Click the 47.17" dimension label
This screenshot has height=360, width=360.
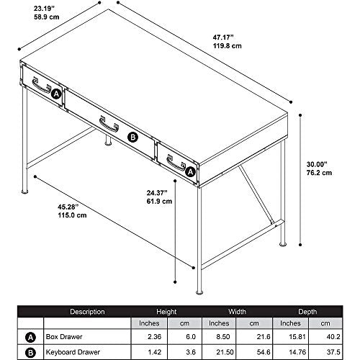[223, 37]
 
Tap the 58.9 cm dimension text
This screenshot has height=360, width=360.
[46, 17]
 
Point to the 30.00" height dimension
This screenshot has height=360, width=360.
[317, 164]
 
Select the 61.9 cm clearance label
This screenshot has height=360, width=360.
[159, 201]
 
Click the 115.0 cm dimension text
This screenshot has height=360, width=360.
[72, 215]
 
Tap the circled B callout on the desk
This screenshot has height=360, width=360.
[132, 138]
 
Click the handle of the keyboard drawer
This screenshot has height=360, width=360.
[109, 125]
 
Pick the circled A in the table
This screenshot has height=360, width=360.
[30, 338]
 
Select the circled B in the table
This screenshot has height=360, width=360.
[30, 353]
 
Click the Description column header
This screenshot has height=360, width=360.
[87, 312]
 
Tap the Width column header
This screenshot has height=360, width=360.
[237, 312]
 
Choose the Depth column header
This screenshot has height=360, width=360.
[307, 312]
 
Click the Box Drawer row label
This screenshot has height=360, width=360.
[64, 337]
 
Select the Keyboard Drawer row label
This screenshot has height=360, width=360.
[73, 352]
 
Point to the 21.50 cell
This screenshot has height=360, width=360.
[225, 352]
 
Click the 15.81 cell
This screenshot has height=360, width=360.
[297, 337]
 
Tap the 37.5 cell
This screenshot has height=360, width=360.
[333, 352]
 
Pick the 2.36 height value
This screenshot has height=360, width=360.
[154, 337]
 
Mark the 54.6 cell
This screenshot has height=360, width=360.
[264, 352]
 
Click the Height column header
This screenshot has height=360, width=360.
[166, 312]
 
